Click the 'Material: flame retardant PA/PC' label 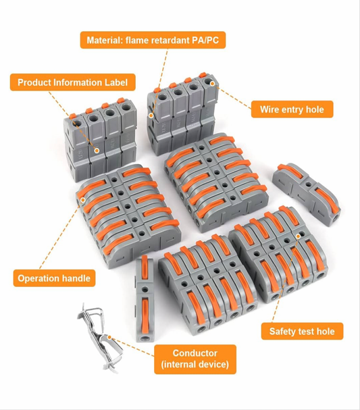[x=153, y=40]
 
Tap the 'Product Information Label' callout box [x=73, y=82]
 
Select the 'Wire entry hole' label [x=292, y=109]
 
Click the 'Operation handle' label [x=54, y=278]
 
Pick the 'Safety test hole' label [x=302, y=331]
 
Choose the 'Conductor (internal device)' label [x=195, y=359]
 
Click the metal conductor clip [x=100, y=338]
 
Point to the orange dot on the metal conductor [x=109, y=337]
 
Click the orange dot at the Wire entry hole [x=212, y=83]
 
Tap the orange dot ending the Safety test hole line [x=298, y=236]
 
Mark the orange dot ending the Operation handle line [x=83, y=200]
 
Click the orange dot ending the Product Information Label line [x=97, y=151]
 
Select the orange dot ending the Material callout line [x=151, y=116]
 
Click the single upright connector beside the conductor [x=145, y=299]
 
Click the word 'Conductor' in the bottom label [x=195, y=353]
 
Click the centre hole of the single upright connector [x=145, y=290]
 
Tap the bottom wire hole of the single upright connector [x=145, y=338]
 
